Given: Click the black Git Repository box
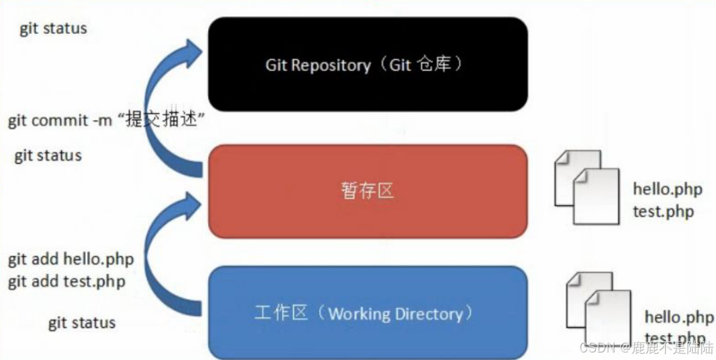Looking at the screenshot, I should pos(367,64).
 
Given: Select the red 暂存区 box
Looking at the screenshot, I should pos(367,191).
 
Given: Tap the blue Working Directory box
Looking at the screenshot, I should pos(367,312).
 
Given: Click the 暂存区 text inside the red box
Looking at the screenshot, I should pos(367,191).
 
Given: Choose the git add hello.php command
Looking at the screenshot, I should pos(71,259).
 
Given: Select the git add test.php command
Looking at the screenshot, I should pos(66,282).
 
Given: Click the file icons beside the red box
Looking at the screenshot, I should pos(587,186).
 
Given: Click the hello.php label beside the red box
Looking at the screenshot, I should pos(666,189).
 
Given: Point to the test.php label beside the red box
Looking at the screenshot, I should pos(663,211).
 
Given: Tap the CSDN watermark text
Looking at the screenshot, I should pos(647,347).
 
